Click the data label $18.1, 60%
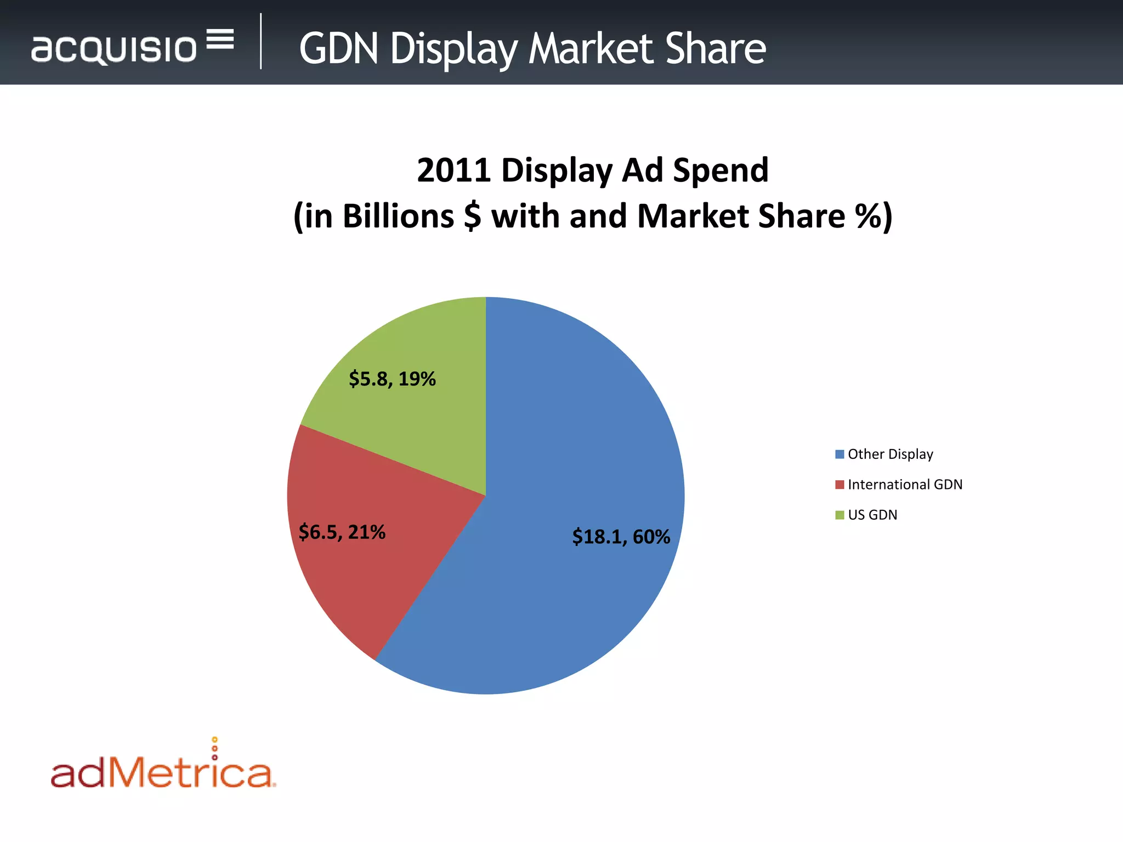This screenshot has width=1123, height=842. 621,537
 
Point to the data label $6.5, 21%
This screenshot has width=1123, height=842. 342,532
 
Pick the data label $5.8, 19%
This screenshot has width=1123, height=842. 392,379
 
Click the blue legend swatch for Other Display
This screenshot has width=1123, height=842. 839,454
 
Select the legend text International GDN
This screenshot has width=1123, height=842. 905,485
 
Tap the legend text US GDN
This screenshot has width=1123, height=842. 872,515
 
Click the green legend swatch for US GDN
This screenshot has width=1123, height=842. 839,515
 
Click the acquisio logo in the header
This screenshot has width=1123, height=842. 114,49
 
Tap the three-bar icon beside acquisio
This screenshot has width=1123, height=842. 220,39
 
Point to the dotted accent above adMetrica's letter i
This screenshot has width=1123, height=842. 214,748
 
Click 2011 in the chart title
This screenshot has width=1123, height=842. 453,170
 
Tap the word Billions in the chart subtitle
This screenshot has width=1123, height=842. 398,216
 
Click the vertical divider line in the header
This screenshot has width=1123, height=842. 261,42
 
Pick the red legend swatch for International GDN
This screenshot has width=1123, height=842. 839,485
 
